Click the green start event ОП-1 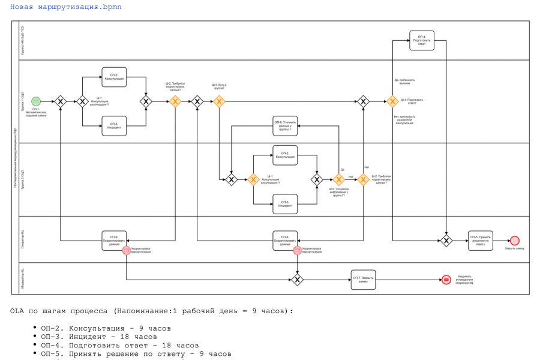[x=36, y=101]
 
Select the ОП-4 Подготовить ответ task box [x=422, y=40]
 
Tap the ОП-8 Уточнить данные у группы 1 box [x=285, y=126]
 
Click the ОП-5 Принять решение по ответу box [x=481, y=241]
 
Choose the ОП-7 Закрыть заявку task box [x=364, y=280]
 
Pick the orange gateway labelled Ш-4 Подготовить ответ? [x=392, y=101]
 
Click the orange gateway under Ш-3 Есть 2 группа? [x=219, y=101]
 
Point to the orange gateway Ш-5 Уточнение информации [x=338, y=179]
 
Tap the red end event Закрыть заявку [x=514, y=241]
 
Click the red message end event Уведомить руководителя [x=446, y=280]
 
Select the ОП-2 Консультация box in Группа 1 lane [x=114, y=77]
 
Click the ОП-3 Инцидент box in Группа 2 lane [x=285, y=204]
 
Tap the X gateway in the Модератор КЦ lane [x=297, y=280]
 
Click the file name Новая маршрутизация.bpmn [x=65, y=7]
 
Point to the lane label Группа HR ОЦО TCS [x=22, y=40]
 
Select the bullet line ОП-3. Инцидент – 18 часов [x=99, y=337]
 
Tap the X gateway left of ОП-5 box [x=446, y=241]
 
